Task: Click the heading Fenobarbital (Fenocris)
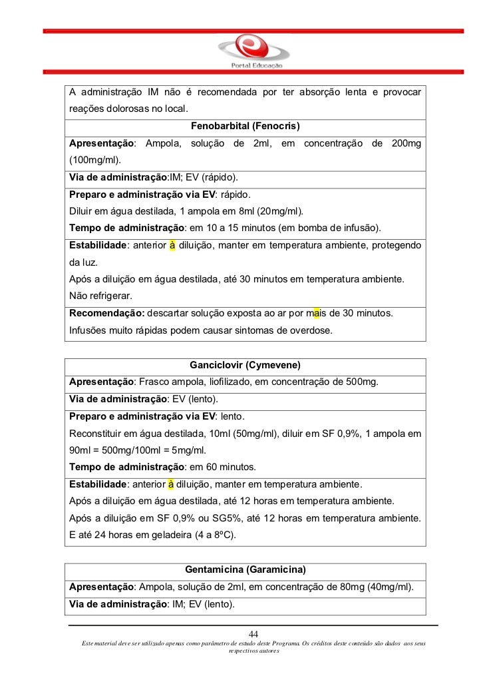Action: pos(245,126)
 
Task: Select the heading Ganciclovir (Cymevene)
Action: pos(245,365)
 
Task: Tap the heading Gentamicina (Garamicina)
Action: pos(245,569)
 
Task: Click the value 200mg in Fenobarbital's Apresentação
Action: pos(405,143)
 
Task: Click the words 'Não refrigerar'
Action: pos(100,296)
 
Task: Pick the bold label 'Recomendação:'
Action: pos(106,314)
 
